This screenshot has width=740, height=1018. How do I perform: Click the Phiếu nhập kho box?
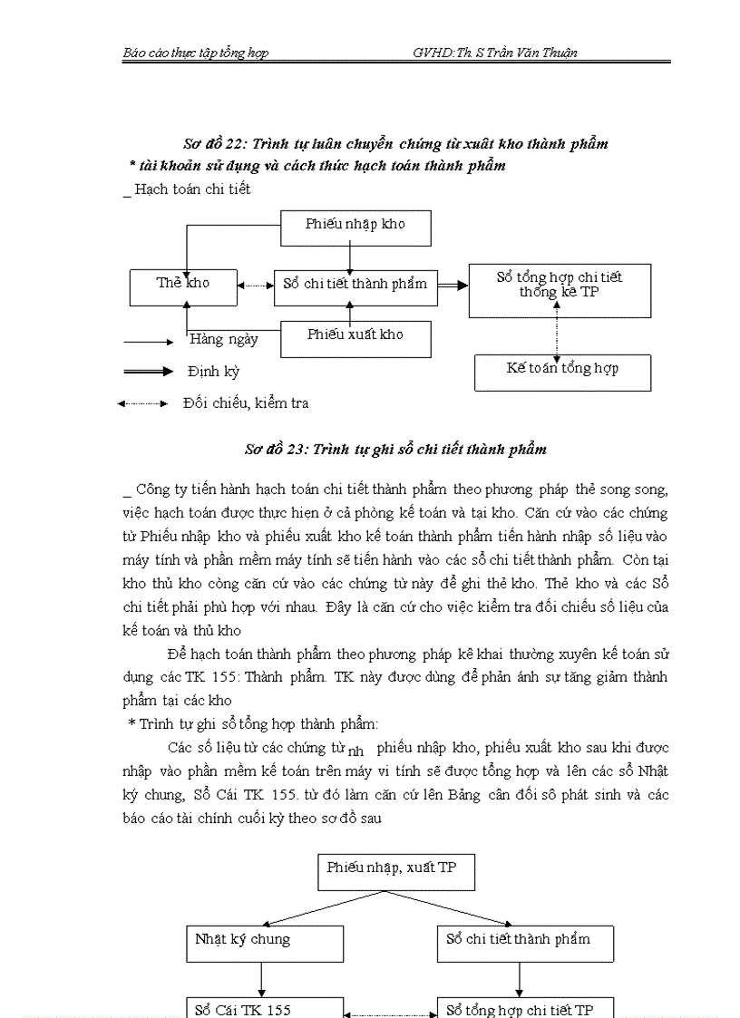pos(355,228)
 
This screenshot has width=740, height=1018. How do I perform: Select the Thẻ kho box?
pos(183,286)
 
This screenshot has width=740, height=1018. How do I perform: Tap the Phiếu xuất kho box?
pos(355,338)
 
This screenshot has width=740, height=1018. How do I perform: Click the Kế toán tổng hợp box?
pos(562,372)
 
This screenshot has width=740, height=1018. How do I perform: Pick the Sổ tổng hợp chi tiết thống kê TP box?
pos(560,290)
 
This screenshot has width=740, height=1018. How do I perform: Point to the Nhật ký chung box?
pos(265,943)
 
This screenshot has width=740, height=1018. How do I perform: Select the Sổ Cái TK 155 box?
pos(265,1007)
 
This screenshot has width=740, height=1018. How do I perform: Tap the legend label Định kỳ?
pos(213,372)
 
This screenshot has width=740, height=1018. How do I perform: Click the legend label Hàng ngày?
pos(224,340)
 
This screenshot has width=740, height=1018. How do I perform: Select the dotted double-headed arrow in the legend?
pos(143,403)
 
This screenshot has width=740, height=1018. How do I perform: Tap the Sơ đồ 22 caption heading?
pos(395,143)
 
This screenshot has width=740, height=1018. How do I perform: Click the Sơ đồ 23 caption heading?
pos(395,449)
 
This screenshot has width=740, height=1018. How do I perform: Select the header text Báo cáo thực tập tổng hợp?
pos(195,53)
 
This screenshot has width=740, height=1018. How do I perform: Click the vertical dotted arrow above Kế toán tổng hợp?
pos(557,331)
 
